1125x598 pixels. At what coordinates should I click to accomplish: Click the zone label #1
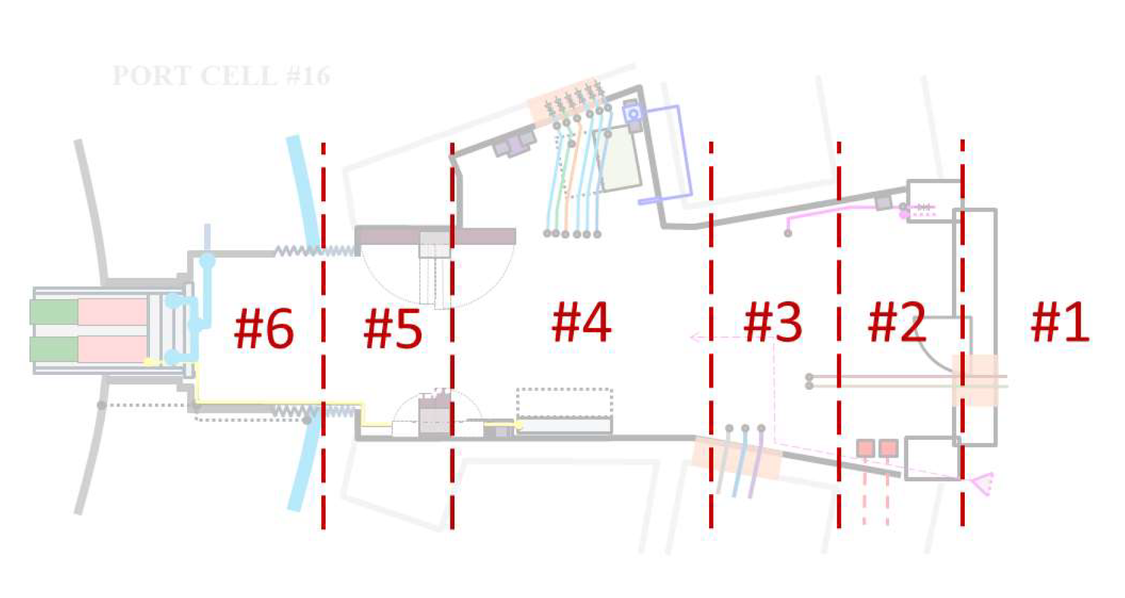coord(1060,322)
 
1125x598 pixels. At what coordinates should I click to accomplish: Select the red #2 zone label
coord(897,322)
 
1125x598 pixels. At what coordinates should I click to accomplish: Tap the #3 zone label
coord(772,322)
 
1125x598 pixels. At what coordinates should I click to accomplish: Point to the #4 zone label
coord(581,322)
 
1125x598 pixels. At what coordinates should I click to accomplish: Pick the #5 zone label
coord(392,328)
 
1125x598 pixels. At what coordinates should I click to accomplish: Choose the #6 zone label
coord(263,328)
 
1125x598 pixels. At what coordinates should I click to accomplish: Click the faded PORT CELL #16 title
coord(221,76)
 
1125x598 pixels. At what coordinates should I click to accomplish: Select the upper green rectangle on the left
coord(54,312)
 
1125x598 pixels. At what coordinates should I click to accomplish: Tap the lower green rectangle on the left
coord(54,349)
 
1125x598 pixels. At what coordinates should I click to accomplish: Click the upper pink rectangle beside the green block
coord(113,312)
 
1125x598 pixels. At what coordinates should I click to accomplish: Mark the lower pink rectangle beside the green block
coord(113,349)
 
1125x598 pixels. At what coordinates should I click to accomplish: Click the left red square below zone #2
coord(866,448)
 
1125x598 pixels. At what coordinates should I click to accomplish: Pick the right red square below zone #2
coord(888,448)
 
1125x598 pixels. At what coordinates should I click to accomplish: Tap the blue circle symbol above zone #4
coord(633,114)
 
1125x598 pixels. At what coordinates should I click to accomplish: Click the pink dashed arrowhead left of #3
coord(694,336)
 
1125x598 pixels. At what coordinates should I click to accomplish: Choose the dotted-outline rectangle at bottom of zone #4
coord(564,403)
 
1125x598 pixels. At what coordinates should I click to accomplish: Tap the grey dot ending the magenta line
coord(788,233)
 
